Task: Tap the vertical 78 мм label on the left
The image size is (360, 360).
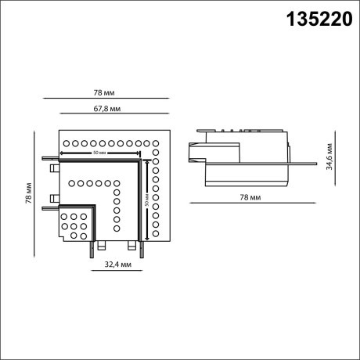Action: point(27,192)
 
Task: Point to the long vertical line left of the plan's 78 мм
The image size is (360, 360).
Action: point(39,192)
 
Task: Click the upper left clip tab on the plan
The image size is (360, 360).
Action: point(52,167)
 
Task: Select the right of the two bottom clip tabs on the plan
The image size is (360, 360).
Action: point(142,248)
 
